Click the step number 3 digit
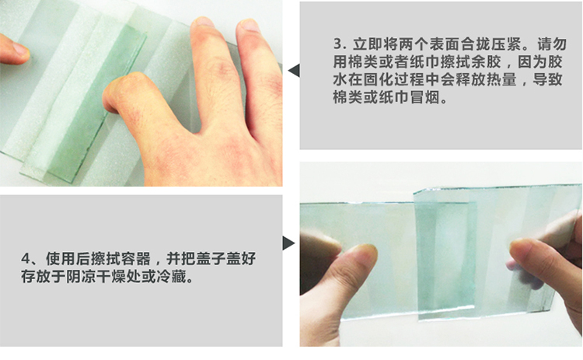[338, 44]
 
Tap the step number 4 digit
[26, 258]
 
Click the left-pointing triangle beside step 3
[294, 71]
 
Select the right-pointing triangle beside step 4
[288, 243]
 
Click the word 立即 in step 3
[368, 44]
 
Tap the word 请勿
[551, 44]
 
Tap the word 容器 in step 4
[136, 258]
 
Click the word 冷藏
[171, 276]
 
